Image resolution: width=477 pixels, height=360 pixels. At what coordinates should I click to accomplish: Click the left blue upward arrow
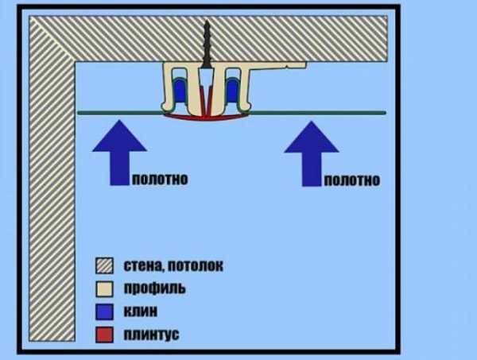click(x=119, y=152)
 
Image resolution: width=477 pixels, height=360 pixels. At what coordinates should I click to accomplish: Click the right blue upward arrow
click(x=311, y=153)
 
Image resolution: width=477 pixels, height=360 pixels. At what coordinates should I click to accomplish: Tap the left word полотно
click(x=160, y=179)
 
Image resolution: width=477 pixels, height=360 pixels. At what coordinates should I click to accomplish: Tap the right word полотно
click(x=352, y=180)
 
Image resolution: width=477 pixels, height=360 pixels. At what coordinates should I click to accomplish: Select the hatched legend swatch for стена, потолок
click(x=104, y=265)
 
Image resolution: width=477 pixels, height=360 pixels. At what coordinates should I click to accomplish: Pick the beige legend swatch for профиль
click(x=104, y=288)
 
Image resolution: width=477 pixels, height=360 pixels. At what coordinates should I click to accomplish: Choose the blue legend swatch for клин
click(x=104, y=312)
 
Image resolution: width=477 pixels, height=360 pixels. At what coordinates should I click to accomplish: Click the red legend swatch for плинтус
click(x=104, y=335)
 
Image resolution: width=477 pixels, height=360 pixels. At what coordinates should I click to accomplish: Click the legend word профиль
click(x=154, y=288)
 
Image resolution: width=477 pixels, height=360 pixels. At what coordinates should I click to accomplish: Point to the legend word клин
click(x=141, y=312)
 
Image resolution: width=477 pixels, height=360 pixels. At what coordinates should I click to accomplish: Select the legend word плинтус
click(x=151, y=335)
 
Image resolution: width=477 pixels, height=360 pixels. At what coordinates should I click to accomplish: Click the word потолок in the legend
click(x=196, y=266)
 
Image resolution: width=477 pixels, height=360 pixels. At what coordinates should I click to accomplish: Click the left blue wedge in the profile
click(x=179, y=91)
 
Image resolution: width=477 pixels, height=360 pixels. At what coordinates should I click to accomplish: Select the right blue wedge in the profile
click(x=233, y=91)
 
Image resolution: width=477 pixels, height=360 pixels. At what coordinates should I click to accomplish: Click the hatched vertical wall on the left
click(x=52, y=195)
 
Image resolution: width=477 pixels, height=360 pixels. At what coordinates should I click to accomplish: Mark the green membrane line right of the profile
click(x=318, y=113)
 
